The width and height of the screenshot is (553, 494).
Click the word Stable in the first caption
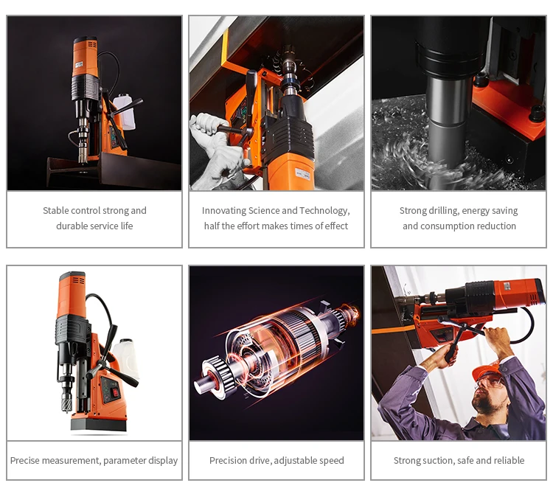click(x=57, y=211)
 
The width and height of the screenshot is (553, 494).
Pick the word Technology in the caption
click(x=324, y=211)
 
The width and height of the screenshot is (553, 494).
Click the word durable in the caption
click(x=71, y=226)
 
